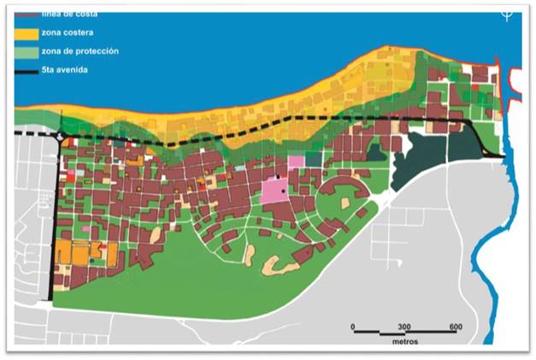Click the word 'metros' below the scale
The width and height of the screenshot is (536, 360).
coord(402,344)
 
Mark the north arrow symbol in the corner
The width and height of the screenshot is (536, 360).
coord(507,15)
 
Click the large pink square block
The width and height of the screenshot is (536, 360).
coord(275,190)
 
